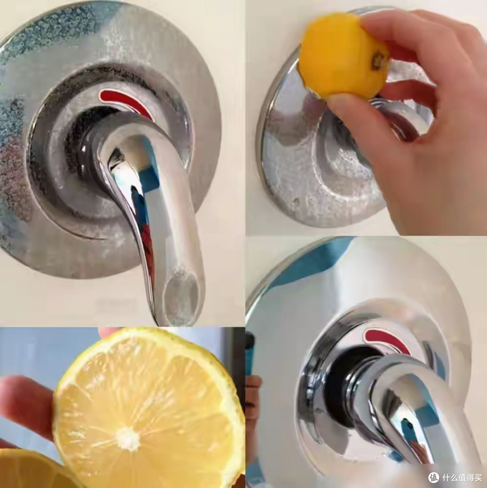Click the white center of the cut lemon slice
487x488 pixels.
point(128,439)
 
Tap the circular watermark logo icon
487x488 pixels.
point(434,477)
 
